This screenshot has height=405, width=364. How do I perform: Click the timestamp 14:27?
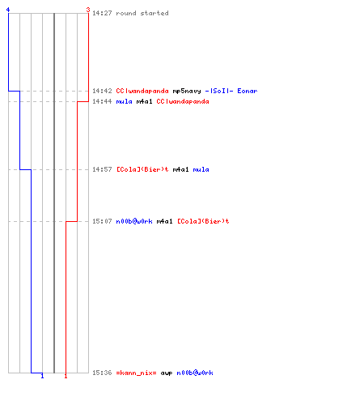point(102,13)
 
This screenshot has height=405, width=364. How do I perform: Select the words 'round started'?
point(142,13)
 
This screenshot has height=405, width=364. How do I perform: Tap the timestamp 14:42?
point(102,91)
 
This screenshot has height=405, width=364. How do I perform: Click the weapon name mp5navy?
point(187,91)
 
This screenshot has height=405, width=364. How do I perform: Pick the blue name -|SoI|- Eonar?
point(231,91)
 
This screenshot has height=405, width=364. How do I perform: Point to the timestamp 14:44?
point(102,101)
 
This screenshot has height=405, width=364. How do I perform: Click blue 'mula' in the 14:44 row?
point(124,101)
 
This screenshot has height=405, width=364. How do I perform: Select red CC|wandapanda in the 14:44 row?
point(183,101)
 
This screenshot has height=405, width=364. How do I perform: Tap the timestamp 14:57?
point(102,169)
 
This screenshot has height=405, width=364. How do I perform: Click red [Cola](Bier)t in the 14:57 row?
point(142,169)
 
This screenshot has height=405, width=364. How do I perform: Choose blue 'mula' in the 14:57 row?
point(201,169)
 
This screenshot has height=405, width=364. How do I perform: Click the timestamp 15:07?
point(102,221)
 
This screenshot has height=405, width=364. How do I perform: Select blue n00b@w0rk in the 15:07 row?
point(134,221)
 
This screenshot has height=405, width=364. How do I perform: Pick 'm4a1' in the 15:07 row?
point(164,221)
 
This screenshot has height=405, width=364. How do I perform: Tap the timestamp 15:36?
point(102,373)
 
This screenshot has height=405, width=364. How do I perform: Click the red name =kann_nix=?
point(136,373)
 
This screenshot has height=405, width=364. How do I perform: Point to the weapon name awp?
point(167,373)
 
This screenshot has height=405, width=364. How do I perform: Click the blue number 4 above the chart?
point(8,10)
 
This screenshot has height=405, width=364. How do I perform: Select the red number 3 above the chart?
point(88,10)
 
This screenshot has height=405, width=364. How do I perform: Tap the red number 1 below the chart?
point(66,376)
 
